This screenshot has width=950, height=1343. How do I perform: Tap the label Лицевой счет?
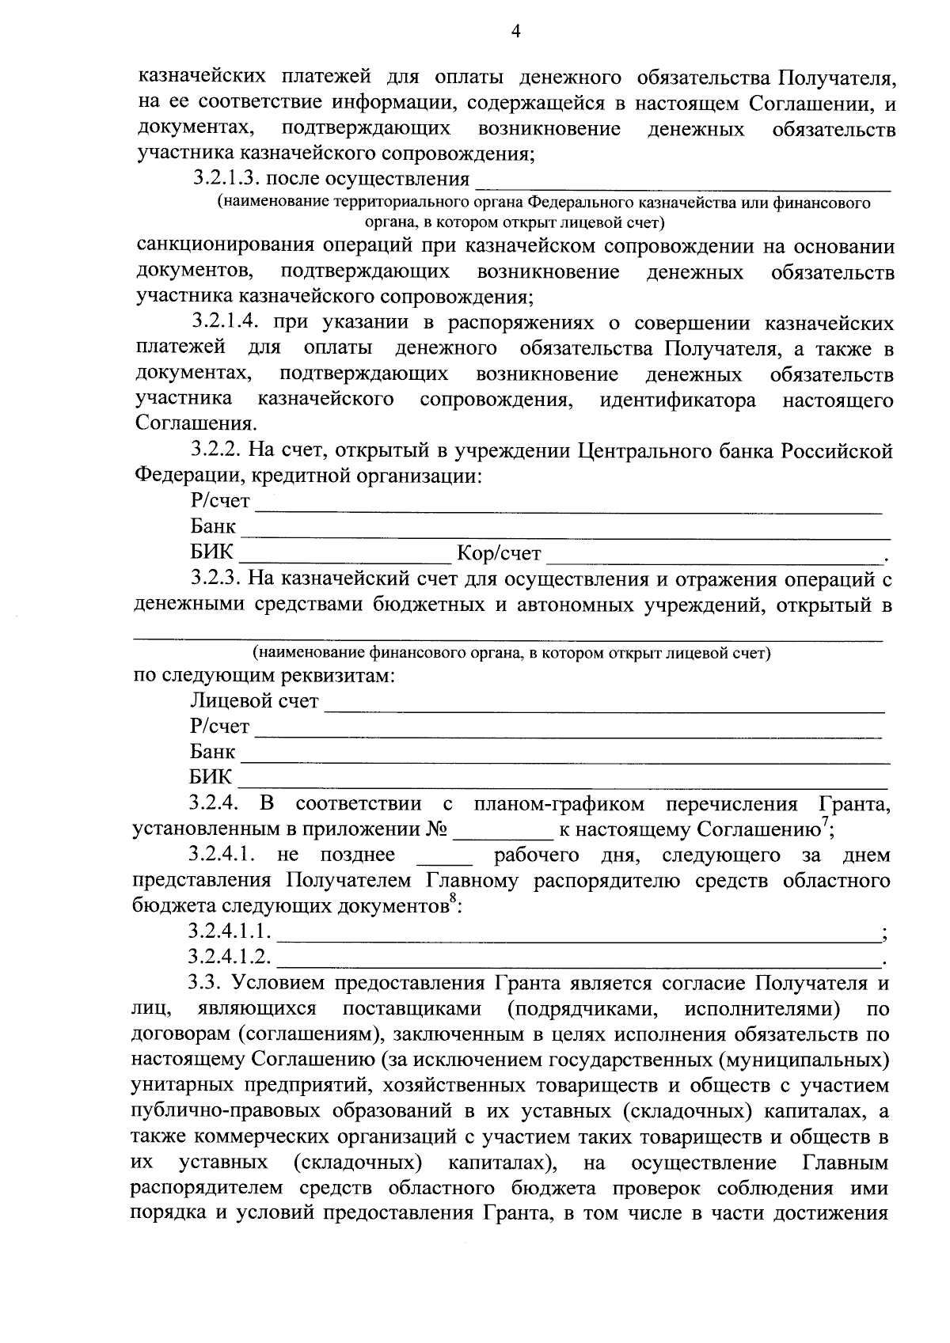(x=254, y=701)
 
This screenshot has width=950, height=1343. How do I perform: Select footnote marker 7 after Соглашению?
(x=825, y=824)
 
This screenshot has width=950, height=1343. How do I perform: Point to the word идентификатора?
(x=678, y=400)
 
